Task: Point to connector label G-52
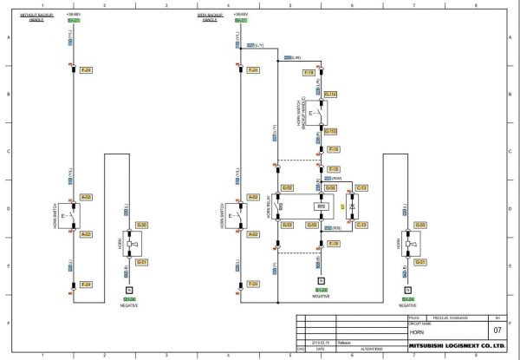click(288, 187)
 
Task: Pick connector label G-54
click(330, 187)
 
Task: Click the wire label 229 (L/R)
click(293, 57)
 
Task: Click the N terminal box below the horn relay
click(321, 281)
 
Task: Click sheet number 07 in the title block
click(496, 331)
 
